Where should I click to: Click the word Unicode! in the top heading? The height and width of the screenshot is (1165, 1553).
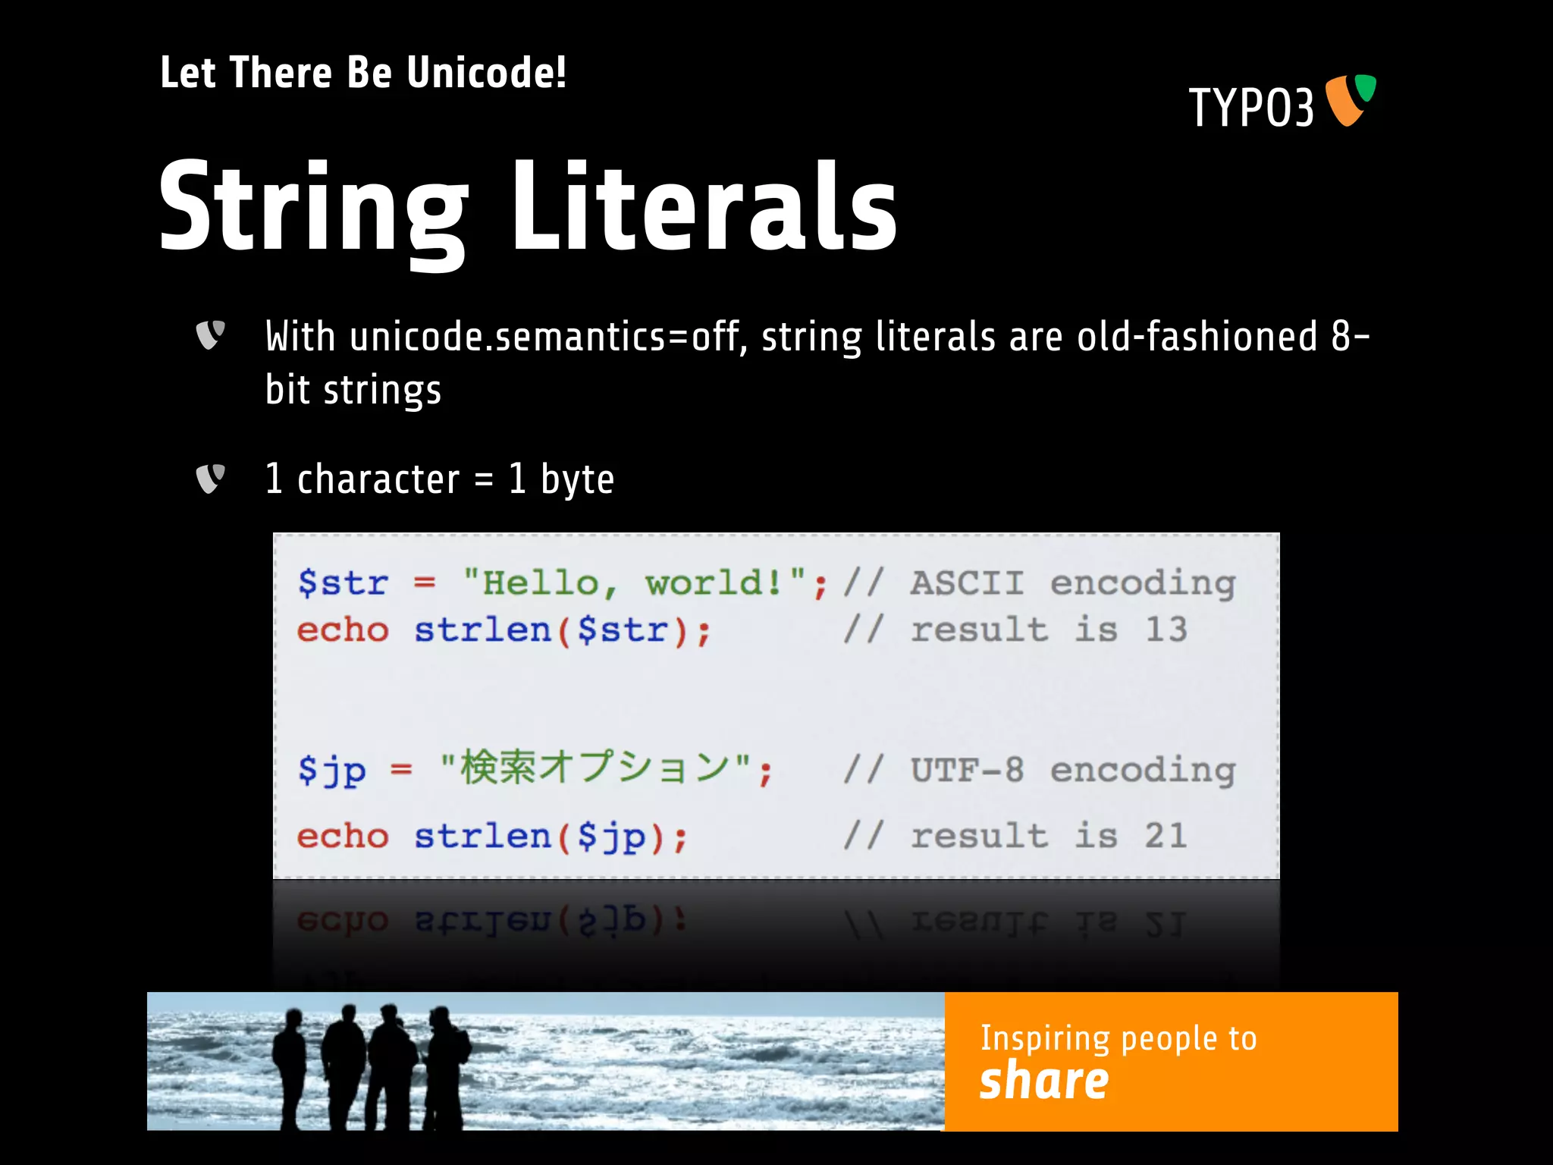[486, 74]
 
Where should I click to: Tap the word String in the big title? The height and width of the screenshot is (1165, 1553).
[313, 209]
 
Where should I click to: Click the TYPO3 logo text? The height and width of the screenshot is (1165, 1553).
[1251, 108]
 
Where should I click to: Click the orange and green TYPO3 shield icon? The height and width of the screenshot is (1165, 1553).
[1351, 99]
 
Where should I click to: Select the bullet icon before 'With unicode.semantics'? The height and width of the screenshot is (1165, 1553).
[210, 334]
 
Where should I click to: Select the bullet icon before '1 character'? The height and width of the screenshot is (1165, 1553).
[210, 479]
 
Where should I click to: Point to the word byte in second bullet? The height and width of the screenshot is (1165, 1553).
[577, 480]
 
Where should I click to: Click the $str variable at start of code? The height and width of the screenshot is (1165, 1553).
[343, 583]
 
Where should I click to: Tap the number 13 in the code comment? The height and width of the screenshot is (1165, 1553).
[1166, 630]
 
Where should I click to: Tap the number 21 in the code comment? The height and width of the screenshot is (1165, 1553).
[1166, 836]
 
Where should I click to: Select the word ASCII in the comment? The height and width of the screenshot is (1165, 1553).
[967, 583]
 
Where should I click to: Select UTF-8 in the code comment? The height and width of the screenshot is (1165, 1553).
[967, 770]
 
